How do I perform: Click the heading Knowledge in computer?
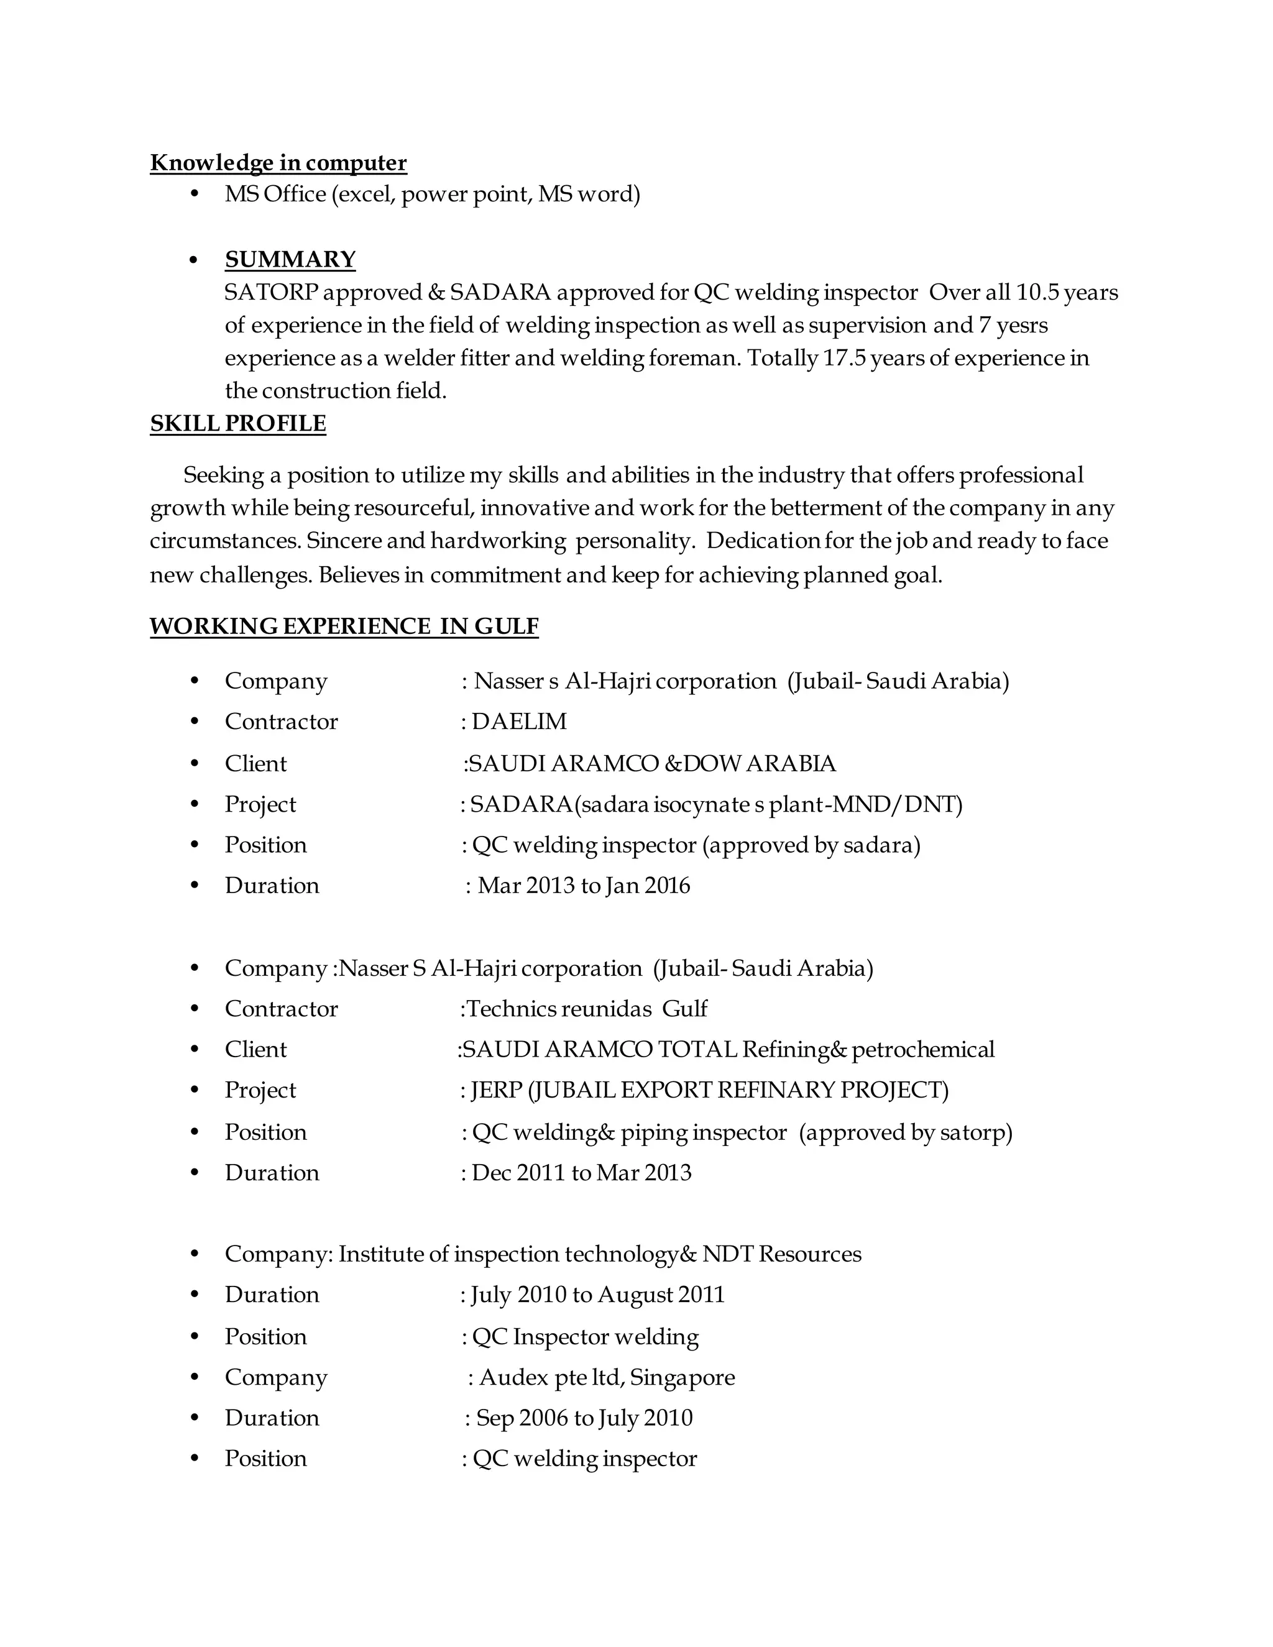click(x=278, y=163)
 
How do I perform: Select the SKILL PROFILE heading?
click(x=237, y=424)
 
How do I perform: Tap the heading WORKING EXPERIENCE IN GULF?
click(x=344, y=626)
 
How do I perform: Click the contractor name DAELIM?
click(x=519, y=722)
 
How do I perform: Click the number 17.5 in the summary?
click(x=844, y=357)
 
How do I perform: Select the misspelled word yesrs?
click(x=1023, y=325)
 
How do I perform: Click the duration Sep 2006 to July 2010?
click(x=584, y=1418)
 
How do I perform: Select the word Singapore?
click(x=682, y=1377)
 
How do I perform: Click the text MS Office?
click(x=275, y=195)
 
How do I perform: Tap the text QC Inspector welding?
click(x=585, y=1336)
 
